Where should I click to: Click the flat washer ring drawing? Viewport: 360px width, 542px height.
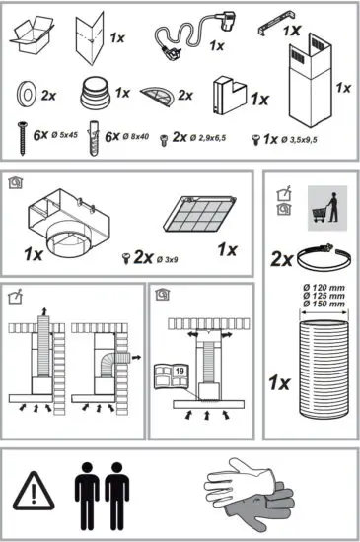(26, 97)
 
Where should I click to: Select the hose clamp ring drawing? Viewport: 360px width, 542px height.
(319, 258)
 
